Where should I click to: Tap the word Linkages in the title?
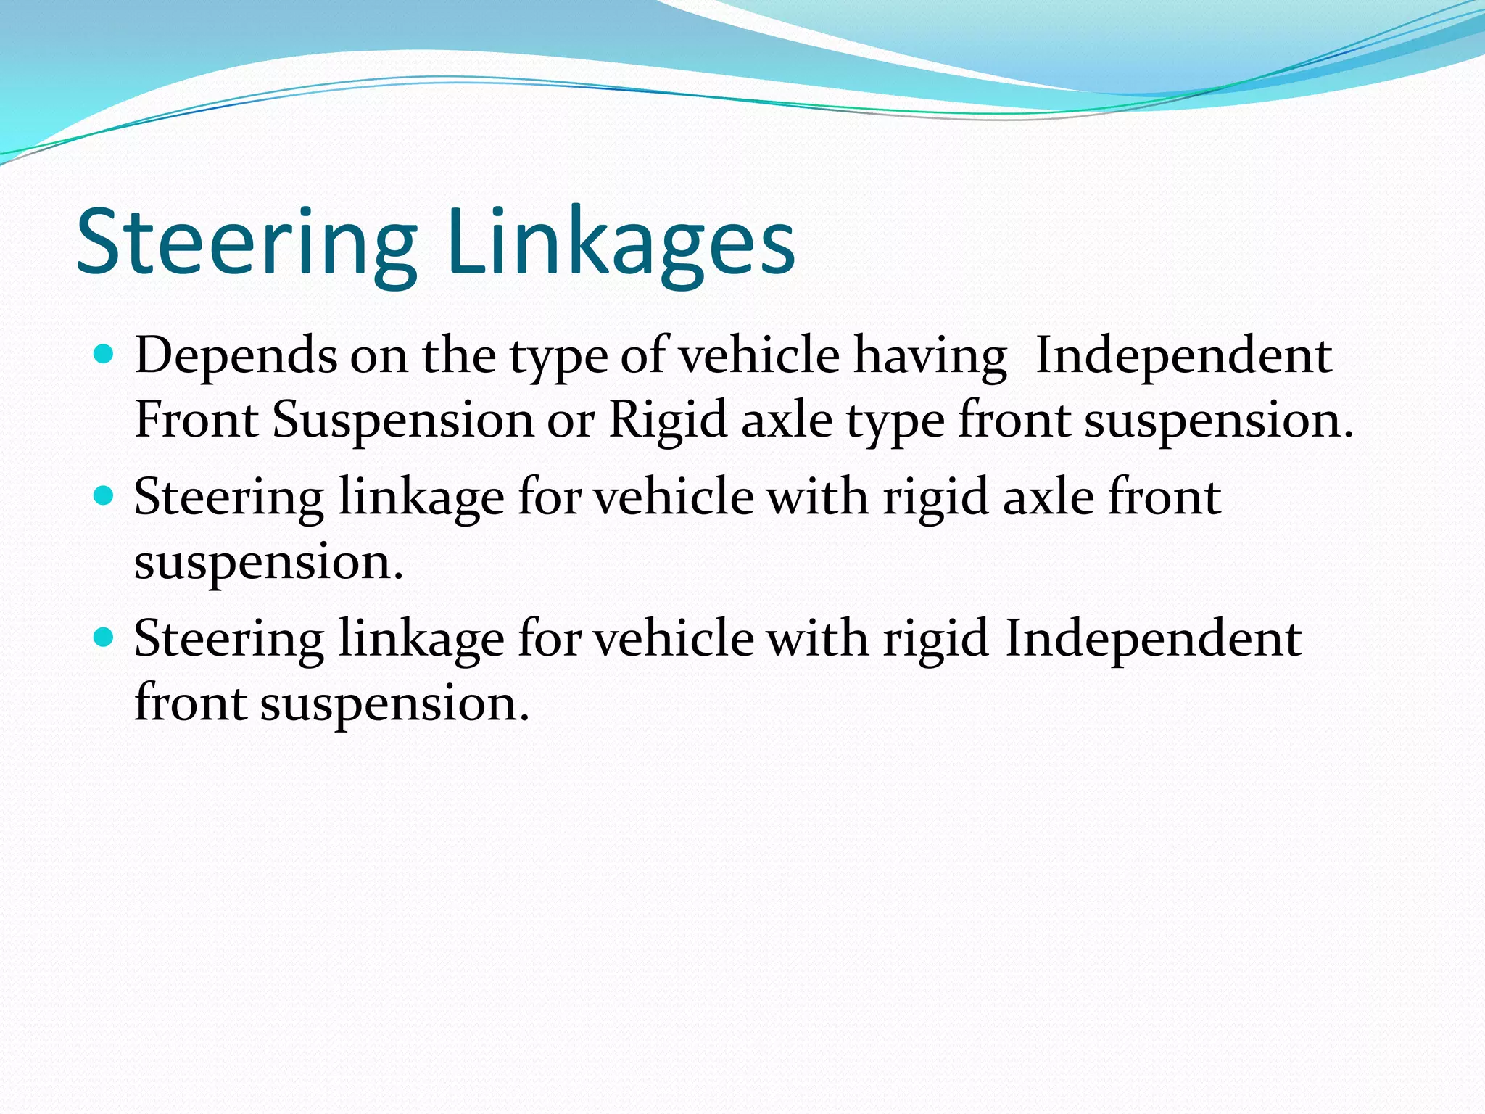(621, 243)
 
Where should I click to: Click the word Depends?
(236, 356)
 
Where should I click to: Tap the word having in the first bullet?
(930, 356)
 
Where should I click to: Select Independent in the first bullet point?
(1183, 356)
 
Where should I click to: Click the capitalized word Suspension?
(403, 420)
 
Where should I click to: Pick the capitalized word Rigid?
(668, 420)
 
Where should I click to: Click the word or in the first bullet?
(571, 421)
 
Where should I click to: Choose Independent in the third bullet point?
(1153, 639)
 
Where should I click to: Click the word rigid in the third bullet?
(935, 640)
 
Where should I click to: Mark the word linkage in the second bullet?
(421, 499)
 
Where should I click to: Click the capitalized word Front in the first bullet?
(197, 420)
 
